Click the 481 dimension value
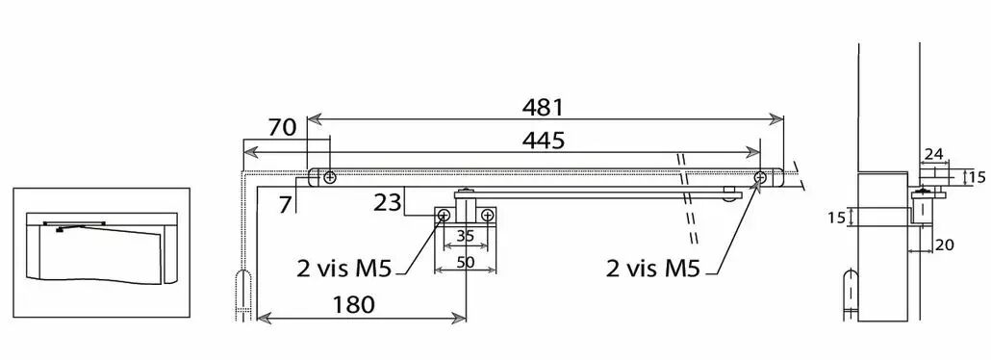(543, 107)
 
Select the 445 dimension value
(544, 141)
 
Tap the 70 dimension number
(282, 127)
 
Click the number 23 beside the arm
(388, 204)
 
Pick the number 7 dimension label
(287, 204)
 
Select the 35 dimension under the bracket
(465, 237)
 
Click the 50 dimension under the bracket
(466, 262)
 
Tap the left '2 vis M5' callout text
(344, 269)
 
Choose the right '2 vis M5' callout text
(653, 269)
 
